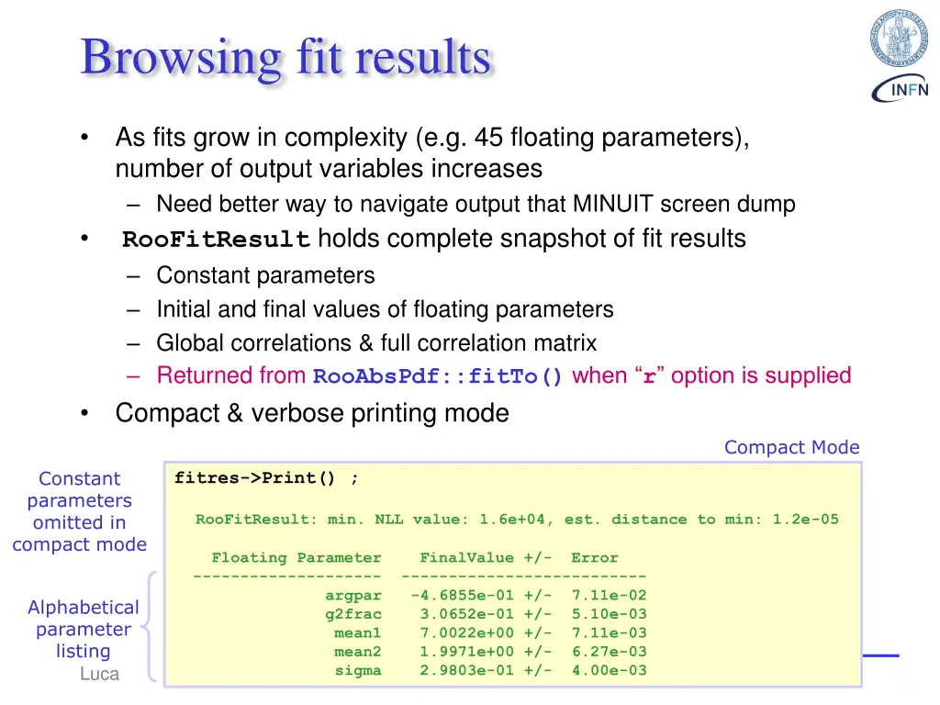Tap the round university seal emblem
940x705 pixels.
pyautogui.click(x=899, y=39)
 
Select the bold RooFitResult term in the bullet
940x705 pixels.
pyautogui.click(x=217, y=241)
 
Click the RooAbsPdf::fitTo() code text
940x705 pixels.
pyautogui.click(x=439, y=377)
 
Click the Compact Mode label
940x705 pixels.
pyautogui.click(x=791, y=447)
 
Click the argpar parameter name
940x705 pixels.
pyautogui.click(x=353, y=596)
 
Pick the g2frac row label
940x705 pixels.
pyautogui.click(x=353, y=614)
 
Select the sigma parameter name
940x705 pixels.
pyautogui.click(x=358, y=670)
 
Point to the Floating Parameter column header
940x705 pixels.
pyautogui.click(x=296, y=558)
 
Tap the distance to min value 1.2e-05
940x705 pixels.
pyautogui.click(x=805, y=520)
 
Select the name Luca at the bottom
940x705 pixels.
pyautogui.click(x=99, y=675)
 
